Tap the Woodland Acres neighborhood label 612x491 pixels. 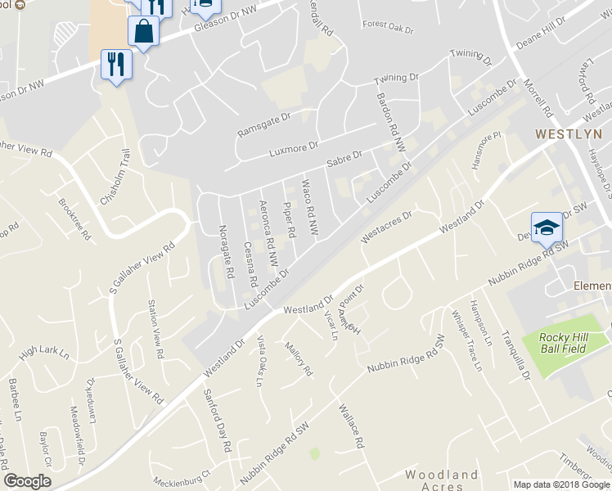coord(443,481)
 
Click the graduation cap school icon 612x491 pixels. coord(546,229)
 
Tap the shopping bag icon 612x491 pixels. coord(143,32)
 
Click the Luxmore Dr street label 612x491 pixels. coord(294,149)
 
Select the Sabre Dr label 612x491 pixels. coord(344,156)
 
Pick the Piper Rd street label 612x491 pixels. coord(288,215)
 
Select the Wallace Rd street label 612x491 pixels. coord(350,425)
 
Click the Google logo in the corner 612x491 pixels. coord(27,481)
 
